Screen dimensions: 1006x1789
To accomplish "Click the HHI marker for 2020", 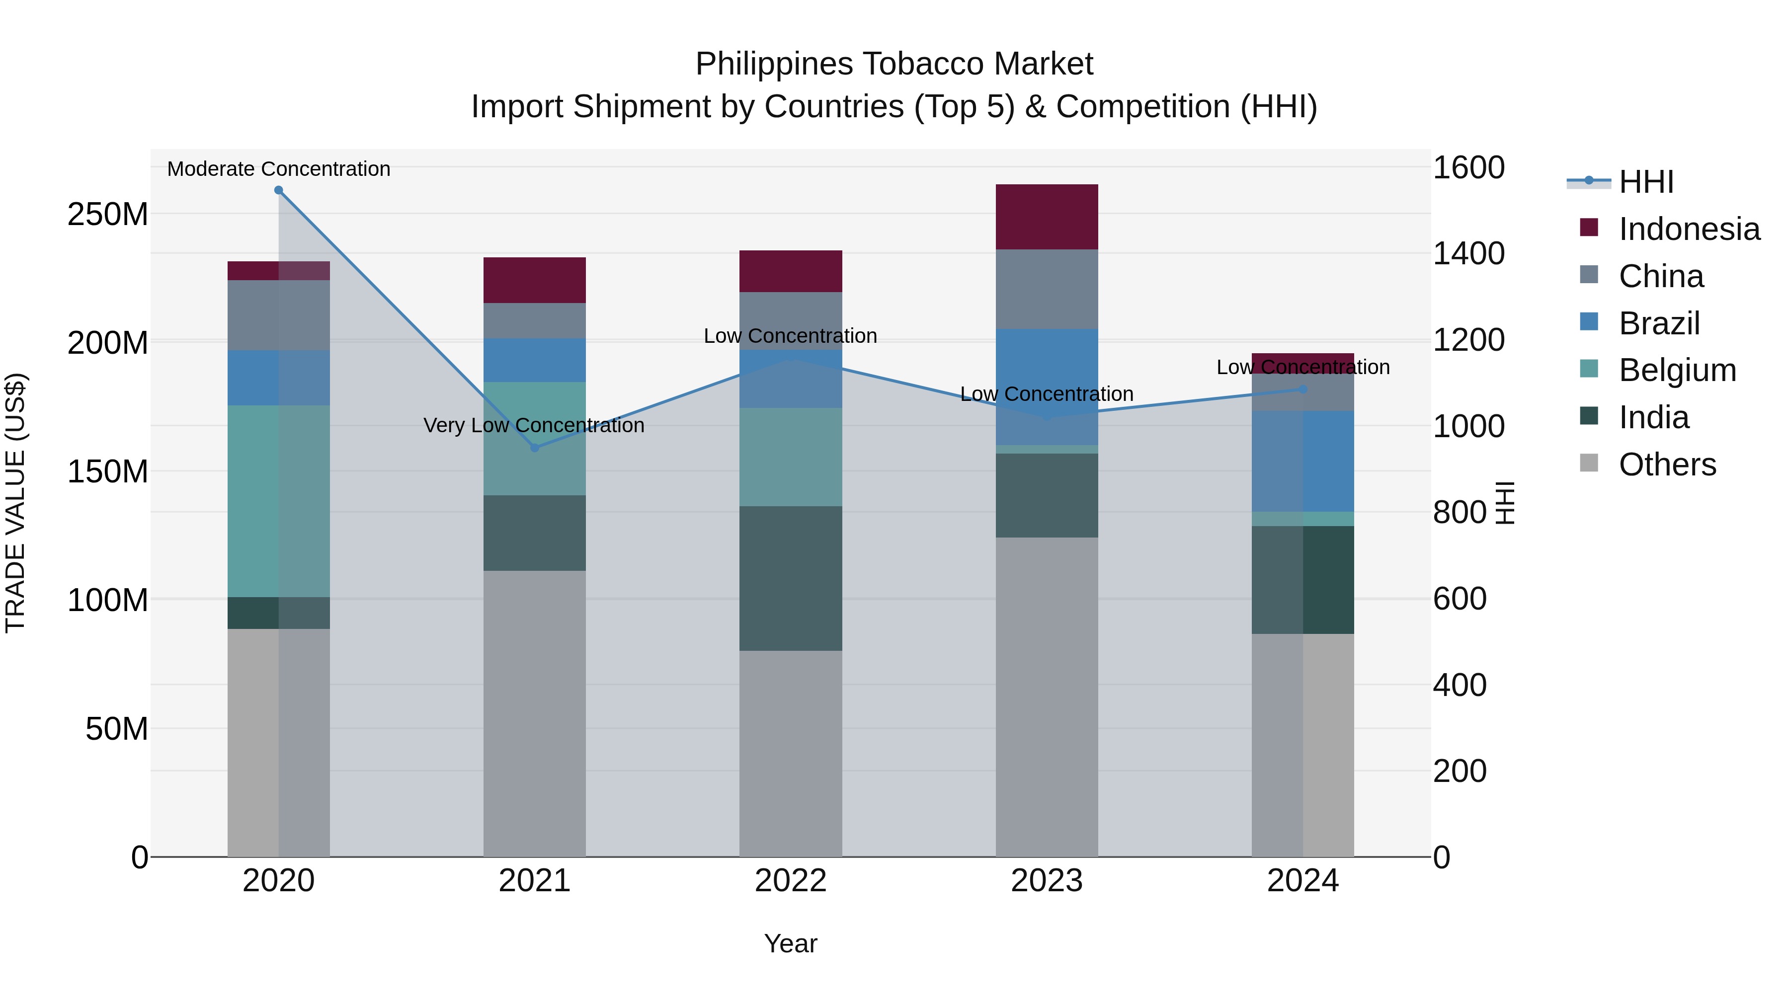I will (278, 190).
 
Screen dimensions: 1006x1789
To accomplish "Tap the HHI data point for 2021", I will (535, 448).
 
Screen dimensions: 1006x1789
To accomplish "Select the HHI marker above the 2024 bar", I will (1303, 389).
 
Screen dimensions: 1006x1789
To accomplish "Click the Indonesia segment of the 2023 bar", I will (1047, 217).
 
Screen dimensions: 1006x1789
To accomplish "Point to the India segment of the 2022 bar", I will (790, 578).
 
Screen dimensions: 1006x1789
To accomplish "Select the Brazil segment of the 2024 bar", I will (1303, 461).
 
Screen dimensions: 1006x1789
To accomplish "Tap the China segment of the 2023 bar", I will (1047, 289).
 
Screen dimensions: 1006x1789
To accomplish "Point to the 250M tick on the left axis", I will (108, 215).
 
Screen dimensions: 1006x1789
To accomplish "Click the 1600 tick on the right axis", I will (1469, 168).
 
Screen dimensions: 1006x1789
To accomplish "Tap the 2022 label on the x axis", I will (790, 881).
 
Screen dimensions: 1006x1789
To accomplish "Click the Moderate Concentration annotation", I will (278, 169).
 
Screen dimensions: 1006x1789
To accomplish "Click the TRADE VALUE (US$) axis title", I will (15, 503).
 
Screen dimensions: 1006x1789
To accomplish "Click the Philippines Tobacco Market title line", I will (894, 64).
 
